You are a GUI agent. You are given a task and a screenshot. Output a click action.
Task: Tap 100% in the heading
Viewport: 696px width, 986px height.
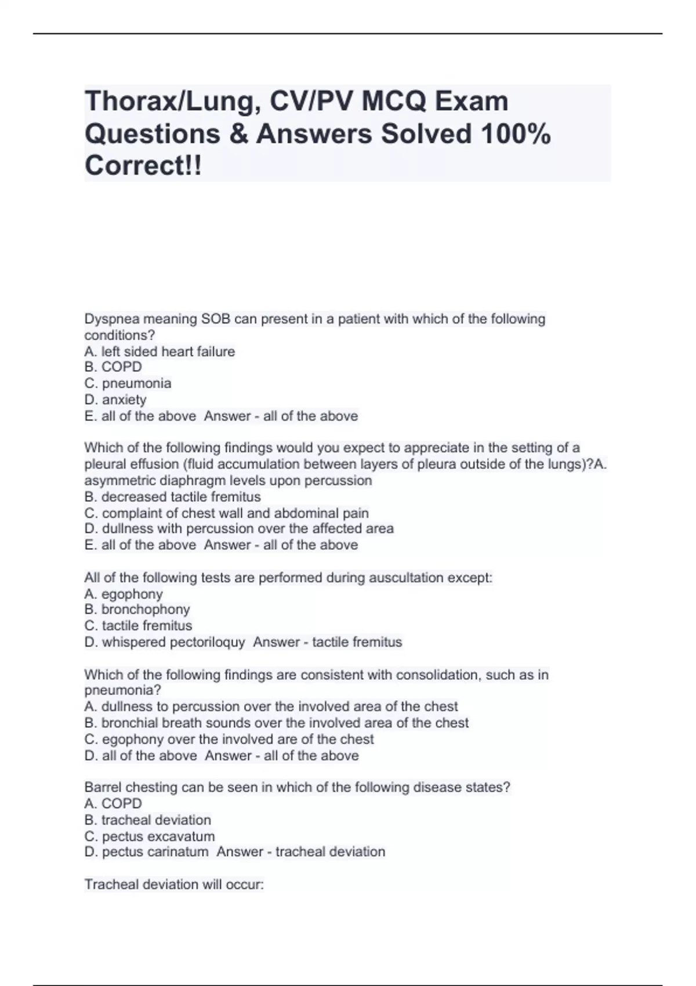click(x=515, y=134)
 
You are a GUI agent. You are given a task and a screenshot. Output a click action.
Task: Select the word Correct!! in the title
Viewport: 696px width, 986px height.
click(x=143, y=166)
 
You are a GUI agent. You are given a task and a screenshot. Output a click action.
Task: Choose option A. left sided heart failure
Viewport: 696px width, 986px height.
click(x=159, y=351)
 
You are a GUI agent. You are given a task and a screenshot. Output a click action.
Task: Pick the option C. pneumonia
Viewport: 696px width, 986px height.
click(x=128, y=383)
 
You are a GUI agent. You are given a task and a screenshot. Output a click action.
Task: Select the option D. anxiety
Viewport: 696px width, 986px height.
click(x=115, y=400)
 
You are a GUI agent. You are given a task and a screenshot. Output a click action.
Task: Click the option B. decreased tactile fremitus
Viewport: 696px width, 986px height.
click(x=172, y=497)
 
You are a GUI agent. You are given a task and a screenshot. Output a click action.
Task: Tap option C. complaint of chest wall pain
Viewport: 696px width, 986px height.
click(x=226, y=513)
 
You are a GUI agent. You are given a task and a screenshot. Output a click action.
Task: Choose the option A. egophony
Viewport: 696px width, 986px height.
click(x=124, y=594)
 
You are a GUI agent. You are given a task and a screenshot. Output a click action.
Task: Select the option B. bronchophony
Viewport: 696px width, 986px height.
click(x=137, y=610)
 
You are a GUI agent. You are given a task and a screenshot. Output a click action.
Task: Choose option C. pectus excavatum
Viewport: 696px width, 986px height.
click(x=150, y=836)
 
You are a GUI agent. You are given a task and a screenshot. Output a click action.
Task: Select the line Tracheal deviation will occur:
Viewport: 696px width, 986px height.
click(x=174, y=884)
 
